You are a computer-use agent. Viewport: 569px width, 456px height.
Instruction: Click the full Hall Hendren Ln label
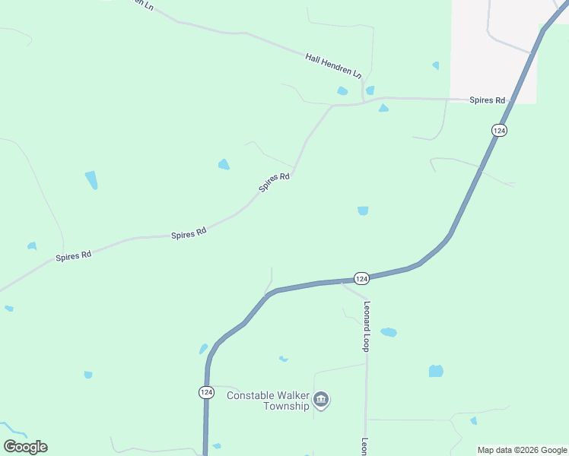click(x=333, y=65)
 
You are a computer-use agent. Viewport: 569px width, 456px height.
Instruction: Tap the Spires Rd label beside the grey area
click(x=488, y=100)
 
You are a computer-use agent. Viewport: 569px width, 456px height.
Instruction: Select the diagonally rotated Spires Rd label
click(x=275, y=182)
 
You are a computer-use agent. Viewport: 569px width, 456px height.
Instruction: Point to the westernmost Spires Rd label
click(x=73, y=256)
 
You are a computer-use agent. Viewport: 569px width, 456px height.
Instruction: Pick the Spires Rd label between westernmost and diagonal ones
click(x=189, y=233)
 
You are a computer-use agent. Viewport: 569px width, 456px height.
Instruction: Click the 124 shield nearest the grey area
click(x=498, y=131)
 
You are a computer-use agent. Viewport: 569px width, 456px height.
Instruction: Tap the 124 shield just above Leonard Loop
click(x=361, y=278)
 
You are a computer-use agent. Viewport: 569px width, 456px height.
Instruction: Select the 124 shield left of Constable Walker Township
click(x=206, y=392)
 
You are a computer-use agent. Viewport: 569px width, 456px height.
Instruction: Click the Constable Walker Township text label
click(x=269, y=401)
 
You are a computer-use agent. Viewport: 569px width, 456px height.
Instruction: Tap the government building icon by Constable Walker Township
click(x=321, y=400)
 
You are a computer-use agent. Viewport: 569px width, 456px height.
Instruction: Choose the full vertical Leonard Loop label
click(x=366, y=326)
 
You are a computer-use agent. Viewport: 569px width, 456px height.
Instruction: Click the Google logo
click(x=25, y=447)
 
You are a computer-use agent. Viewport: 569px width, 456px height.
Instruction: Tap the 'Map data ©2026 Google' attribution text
click(x=522, y=450)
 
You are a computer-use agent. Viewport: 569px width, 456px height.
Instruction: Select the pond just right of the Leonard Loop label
click(x=389, y=332)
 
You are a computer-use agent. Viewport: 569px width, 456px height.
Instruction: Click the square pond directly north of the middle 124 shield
click(x=363, y=211)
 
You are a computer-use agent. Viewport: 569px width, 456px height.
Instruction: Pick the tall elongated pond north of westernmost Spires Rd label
click(x=91, y=180)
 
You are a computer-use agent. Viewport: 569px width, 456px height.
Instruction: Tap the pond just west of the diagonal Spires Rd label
click(x=224, y=164)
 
